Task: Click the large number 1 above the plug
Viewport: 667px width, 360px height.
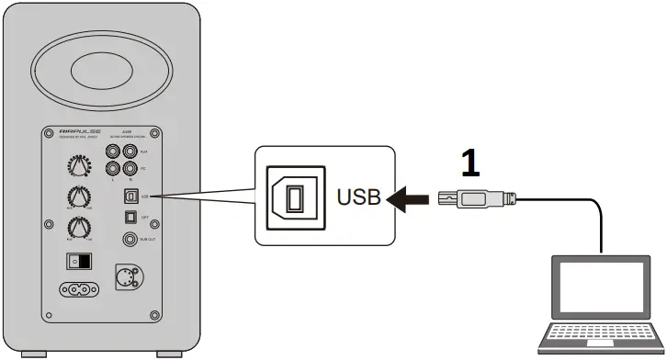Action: point(470,163)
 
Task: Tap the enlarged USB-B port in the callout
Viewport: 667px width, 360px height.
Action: point(292,196)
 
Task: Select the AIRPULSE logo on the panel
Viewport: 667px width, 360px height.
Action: point(79,132)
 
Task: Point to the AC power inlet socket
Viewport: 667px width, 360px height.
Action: point(80,288)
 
